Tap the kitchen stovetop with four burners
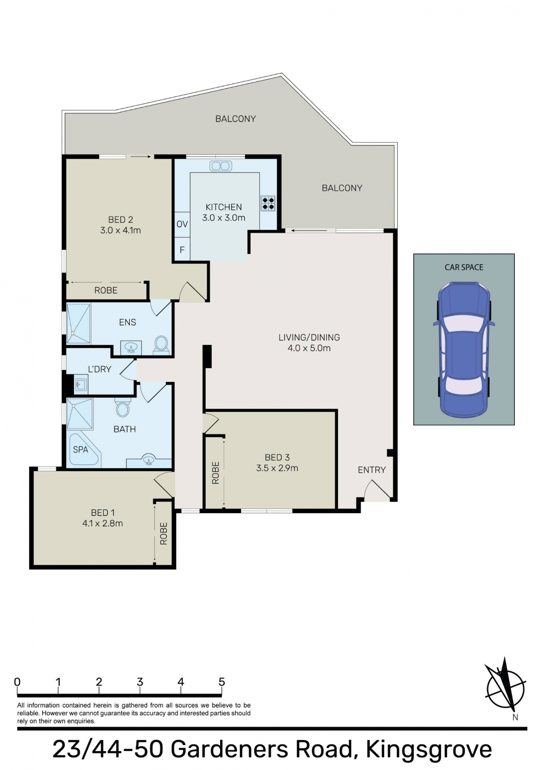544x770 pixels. tap(268, 203)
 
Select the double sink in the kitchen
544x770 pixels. tap(221, 166)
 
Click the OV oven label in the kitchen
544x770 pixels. tap(182, 224)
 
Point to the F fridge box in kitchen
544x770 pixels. tap(182, 250)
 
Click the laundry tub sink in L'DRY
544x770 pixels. tap(81, 384)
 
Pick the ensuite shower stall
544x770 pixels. tap(79, 324)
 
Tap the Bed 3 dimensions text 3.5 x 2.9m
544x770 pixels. tap(277, 468)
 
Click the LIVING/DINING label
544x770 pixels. tap(309, 337)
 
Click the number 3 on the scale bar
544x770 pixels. tap(140, 682)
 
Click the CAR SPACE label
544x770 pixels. tap(464, 267)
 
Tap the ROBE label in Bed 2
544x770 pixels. tap(106, 291)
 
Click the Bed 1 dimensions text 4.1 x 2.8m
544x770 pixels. tap(103, 523)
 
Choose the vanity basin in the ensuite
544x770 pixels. tap(131, 348)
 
